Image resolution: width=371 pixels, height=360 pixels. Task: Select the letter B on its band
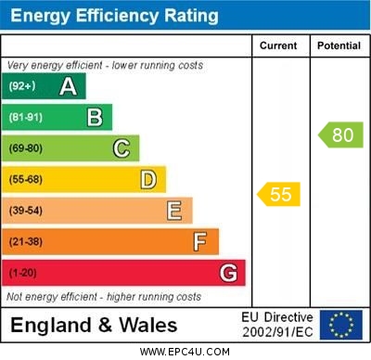click(x=95, y=117)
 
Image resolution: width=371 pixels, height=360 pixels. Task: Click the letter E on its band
click(x=173, y=211)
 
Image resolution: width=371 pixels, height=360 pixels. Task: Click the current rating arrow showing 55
click(x=279, y=195)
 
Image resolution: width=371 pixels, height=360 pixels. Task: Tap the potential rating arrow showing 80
click(x=340, y=135)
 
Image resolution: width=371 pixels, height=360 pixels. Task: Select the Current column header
click(x=278, y=45)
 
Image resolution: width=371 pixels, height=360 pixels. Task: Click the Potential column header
click(x=339, y=45)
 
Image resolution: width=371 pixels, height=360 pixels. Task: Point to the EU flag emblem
click(x=340, y=325)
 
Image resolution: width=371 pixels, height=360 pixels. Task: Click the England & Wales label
click(x=94, y=325)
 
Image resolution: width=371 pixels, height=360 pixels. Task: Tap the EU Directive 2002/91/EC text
click(x=277, y=325)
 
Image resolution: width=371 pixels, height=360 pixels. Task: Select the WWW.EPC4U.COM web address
click(x=185, y=352)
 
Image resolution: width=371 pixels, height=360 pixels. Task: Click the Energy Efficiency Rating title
click(x=114, y=16)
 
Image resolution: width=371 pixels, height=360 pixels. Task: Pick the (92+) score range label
click(x=22, y=86)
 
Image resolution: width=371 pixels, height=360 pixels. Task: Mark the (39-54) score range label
click(x=26, y=211)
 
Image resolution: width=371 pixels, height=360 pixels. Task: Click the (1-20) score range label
click(x=24, y=273)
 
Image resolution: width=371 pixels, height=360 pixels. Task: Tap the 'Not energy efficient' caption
click(x=104, y=297)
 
